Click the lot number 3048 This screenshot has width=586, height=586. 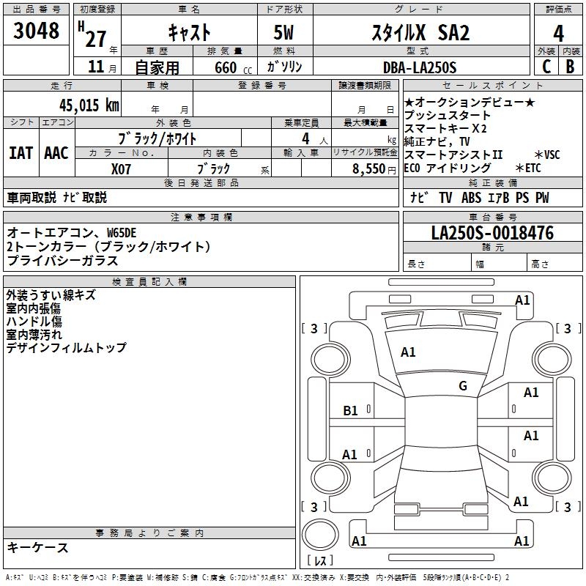37,31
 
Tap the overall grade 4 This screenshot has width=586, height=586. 558,33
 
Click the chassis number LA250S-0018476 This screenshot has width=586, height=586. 492,233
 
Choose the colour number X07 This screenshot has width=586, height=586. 122,168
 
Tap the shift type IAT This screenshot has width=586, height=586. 21,153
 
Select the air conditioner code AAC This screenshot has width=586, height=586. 56,153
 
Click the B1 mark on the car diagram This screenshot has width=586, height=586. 351,411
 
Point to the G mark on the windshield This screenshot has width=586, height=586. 463,386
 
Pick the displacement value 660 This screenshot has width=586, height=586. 226,67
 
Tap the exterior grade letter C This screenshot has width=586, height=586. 546,67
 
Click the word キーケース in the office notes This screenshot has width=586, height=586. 38,547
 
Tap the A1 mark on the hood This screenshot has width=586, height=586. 408,352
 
